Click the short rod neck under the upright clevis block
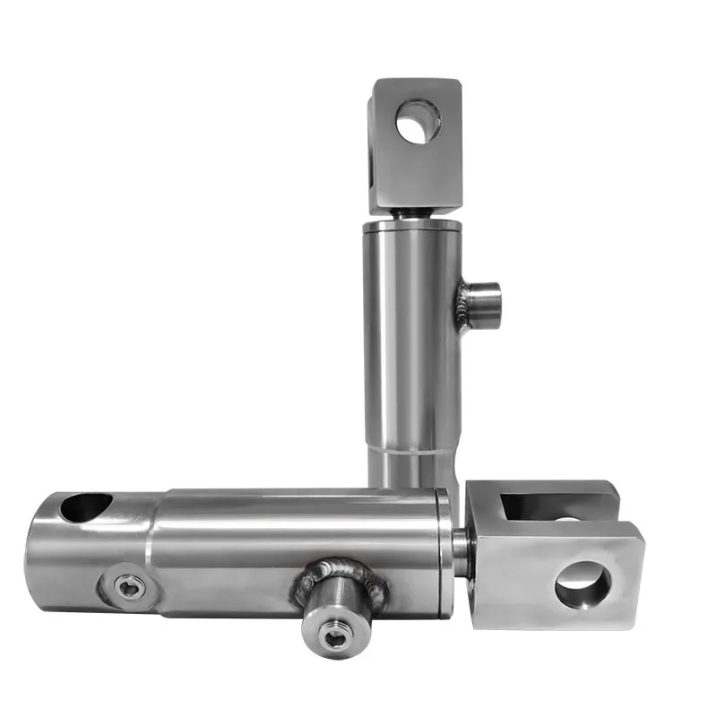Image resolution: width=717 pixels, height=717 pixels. pos(413,217)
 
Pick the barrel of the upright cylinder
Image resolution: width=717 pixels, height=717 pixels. pos(412,358)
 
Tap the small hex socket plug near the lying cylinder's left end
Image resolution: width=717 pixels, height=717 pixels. pos(131,587)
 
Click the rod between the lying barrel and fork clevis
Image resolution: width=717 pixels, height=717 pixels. pos(461,551)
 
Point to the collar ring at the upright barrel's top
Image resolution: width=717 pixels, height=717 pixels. pos(412,229)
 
